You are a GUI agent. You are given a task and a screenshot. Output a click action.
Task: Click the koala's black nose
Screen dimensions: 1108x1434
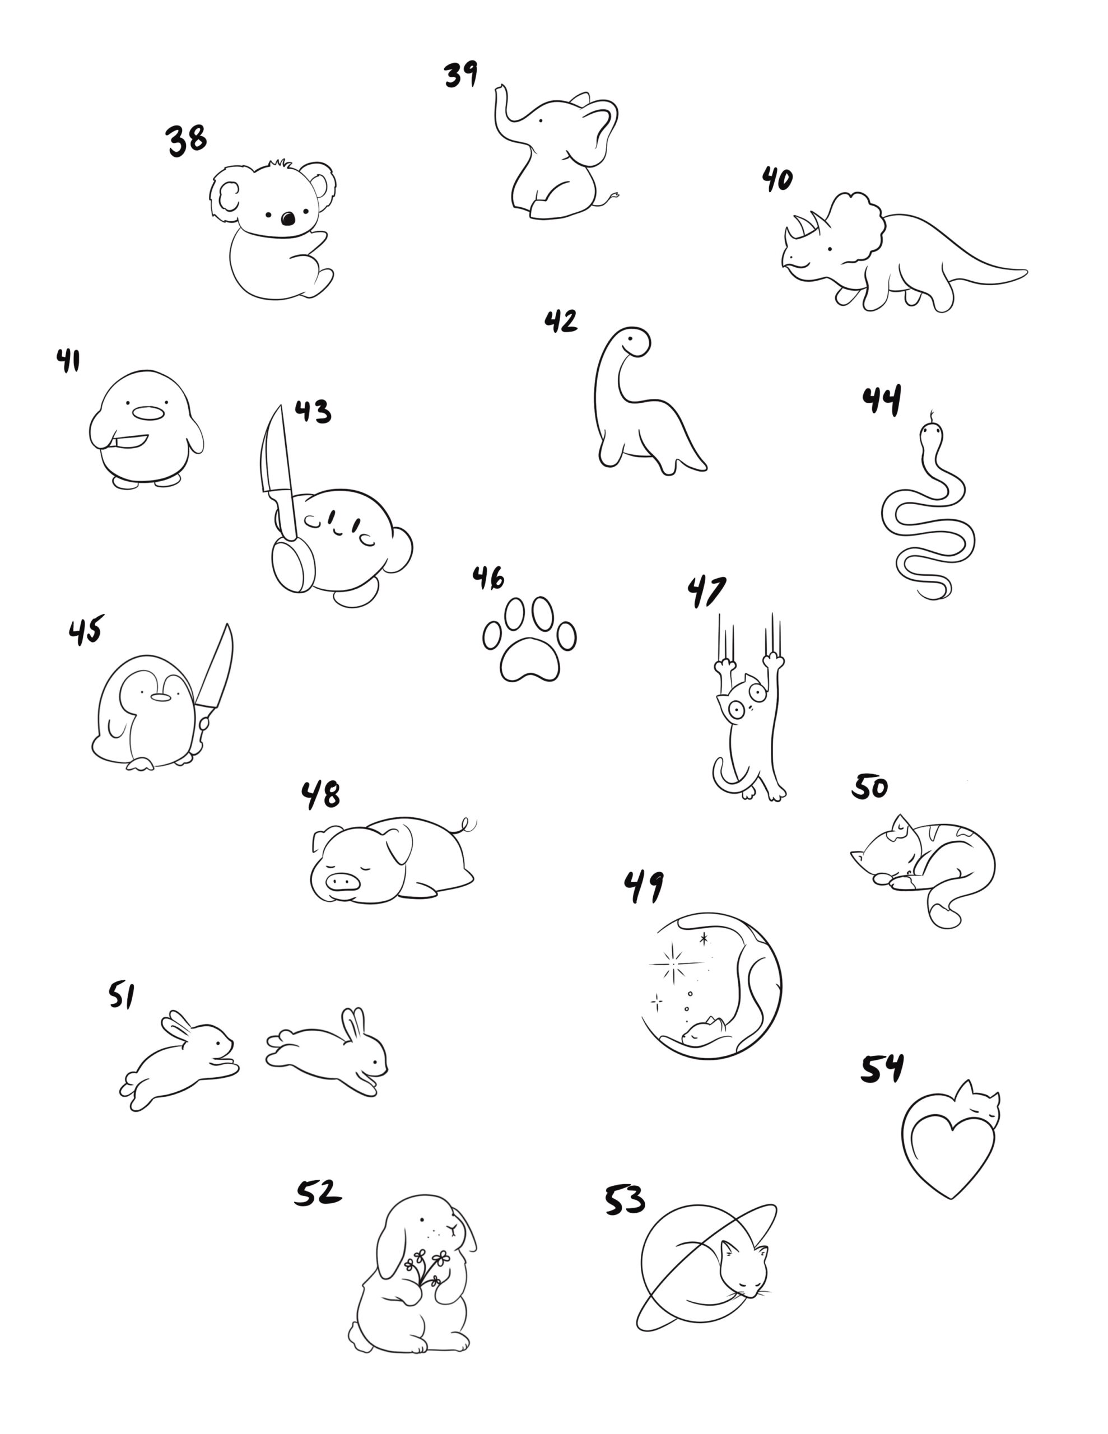click(x=288, y=218)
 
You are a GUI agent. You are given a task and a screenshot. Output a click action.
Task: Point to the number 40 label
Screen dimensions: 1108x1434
click(x=777, y=179)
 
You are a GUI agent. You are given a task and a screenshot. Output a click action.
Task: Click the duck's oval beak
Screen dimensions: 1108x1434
click(x=147, y=412)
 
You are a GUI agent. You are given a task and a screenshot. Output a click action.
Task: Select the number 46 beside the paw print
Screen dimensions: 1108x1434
click(x=488, y=578)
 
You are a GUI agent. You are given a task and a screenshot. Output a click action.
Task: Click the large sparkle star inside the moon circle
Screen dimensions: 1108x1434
click(x=676, y=963)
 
